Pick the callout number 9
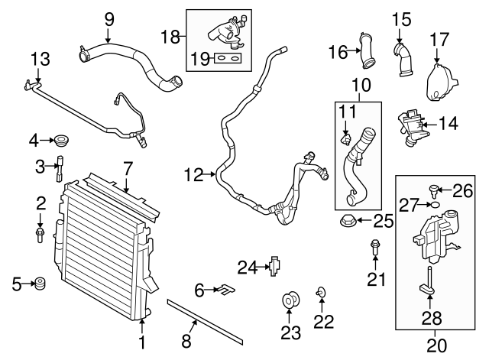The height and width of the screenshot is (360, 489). pos(108,17)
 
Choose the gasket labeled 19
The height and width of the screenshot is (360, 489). pos(224,57)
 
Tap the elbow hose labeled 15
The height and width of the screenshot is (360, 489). pos(402,60)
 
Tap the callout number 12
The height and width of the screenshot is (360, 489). pos(193,177)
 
